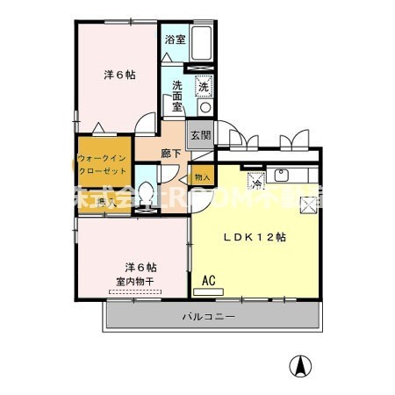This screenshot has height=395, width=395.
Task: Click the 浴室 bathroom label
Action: [x=175, y=39]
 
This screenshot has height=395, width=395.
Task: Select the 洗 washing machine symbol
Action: [x=203, y=86]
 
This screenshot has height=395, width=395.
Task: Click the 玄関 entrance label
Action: [x=200, y=135]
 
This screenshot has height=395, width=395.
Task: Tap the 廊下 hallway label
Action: [x=171, y=153]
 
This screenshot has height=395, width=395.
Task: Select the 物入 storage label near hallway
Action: [x=202, y=176]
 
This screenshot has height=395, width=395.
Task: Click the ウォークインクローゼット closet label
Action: [x=104, y=165]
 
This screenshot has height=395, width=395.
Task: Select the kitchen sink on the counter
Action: [x=284, y=173]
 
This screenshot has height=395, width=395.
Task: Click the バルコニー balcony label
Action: [x=208, y=315]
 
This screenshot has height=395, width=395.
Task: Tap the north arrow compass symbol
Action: [x=299, y=366]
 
